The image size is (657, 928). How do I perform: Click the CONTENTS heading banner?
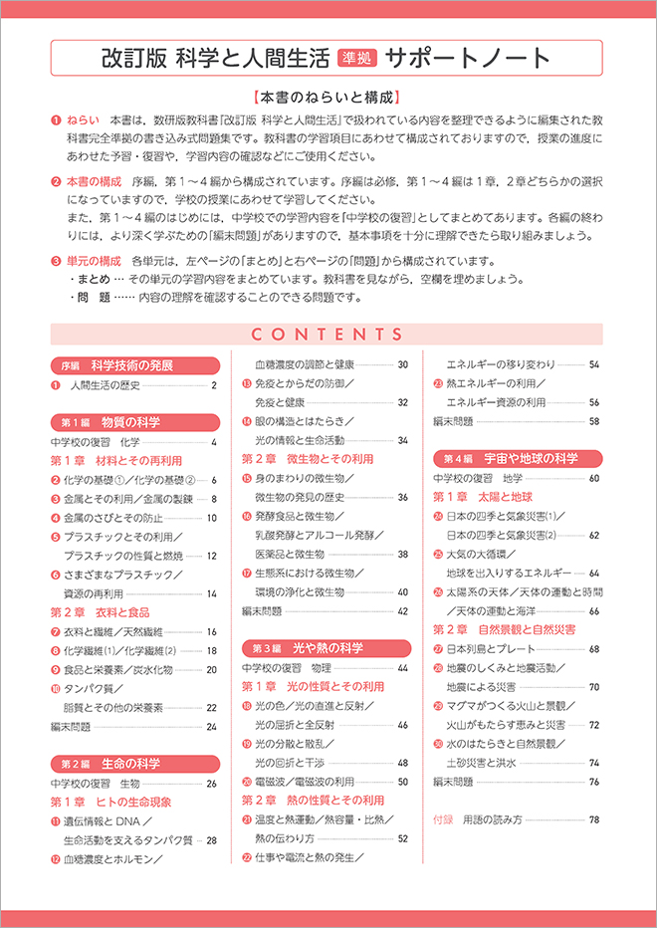[328, 335]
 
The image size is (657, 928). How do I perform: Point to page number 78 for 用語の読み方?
[593, 820]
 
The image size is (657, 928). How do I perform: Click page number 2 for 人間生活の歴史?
[213, 385]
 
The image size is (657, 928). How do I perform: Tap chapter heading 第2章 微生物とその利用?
[308, 460]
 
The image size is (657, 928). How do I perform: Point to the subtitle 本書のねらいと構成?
[328, 99]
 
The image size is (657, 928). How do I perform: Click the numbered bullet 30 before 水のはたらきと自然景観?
[438, 745]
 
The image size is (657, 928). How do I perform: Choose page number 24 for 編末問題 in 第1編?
[211, 727]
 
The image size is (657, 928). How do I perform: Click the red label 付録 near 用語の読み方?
[444, 820]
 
